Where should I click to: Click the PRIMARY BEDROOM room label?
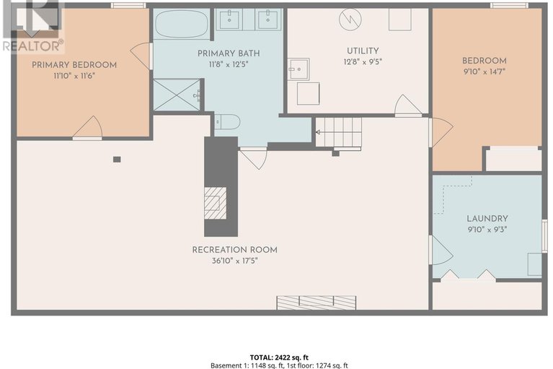tap(74, 65)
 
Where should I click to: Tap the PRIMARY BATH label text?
tap(229, 53)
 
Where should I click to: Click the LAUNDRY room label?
tap(487, 219)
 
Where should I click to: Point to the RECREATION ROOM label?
tap(234, 250)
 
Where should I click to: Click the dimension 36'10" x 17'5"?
tap(234, 261)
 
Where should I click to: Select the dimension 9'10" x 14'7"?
tap(485, 71)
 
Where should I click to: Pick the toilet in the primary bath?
tap(226, 122)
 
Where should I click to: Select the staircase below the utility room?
tap(339, 132)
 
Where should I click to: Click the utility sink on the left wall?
tap(298, 69)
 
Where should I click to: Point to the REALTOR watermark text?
tap(32, 45)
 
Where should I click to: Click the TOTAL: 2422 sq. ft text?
tap(275, 357)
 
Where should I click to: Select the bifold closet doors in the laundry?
tap(469, 274)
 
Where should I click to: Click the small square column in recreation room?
tap(117, 159)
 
